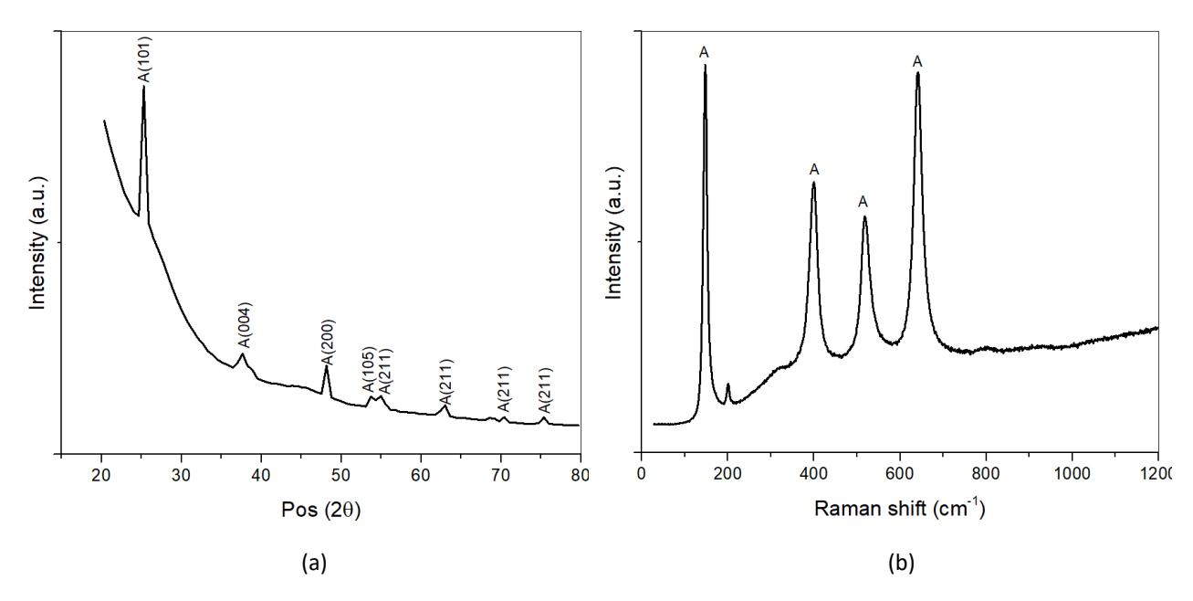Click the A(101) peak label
[145, 59]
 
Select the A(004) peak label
[245, 325]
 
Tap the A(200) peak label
[328, 342]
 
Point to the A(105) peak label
[369, 369]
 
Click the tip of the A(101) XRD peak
[144, 86]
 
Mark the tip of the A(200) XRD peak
[327, 366]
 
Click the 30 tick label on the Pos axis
[181, 475]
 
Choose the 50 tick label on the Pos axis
[340, 475]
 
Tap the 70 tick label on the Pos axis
[500, 475]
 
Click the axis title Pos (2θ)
[321, 510]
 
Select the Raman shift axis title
[900, 508]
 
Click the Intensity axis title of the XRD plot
[37, 242]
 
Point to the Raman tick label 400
[814, 475]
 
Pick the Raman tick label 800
[986, 475]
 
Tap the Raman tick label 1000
[1073, 475]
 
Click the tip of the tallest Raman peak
[706, 65]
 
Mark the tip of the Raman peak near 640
[917, 73]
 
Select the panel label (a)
[314, 563]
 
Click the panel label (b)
[901, 563]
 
